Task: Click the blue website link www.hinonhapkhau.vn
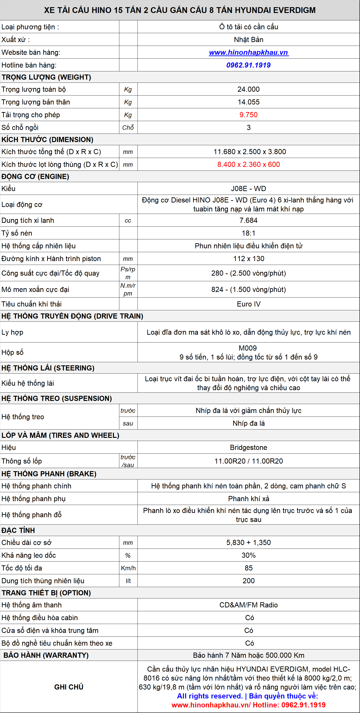pyautogui.click(x=249, y=52)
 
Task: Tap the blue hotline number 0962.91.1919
pyautogui.click(x=249, y=65)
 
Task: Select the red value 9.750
pyautogui.click(x=249, y=115)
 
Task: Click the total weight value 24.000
pyautogui.click(x=249, y=89)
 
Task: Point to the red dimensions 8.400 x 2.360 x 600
pyautogui.click(x=249, y=164)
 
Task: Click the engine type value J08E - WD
pyautogui.click(x=249, y=189)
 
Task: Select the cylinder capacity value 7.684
pyautogui.click(x=249, y=220)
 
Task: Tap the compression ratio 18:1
pyautogui.click(x=249, y=233)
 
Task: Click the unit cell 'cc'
pyautogui.click(x=128, y=221)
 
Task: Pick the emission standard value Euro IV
pyautogui.click(x=249, y=304)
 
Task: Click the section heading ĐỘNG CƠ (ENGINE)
pyautogui.click(x=35, y=176)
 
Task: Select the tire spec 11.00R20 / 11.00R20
pyautogui.click(x=249, y=461)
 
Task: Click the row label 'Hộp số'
pyautogui.click(x=13, y=352)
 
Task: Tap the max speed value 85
pyautogui.click(x=249, y=568)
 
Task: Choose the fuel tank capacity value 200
pyautogui.click(x=249, y=581)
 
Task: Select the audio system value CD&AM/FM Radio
pyautogui.click(x=249, y=605)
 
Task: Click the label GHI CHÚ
pyautogui.click(x=69, y=687)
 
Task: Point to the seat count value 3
pyautogui.click(x=249, y=128)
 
